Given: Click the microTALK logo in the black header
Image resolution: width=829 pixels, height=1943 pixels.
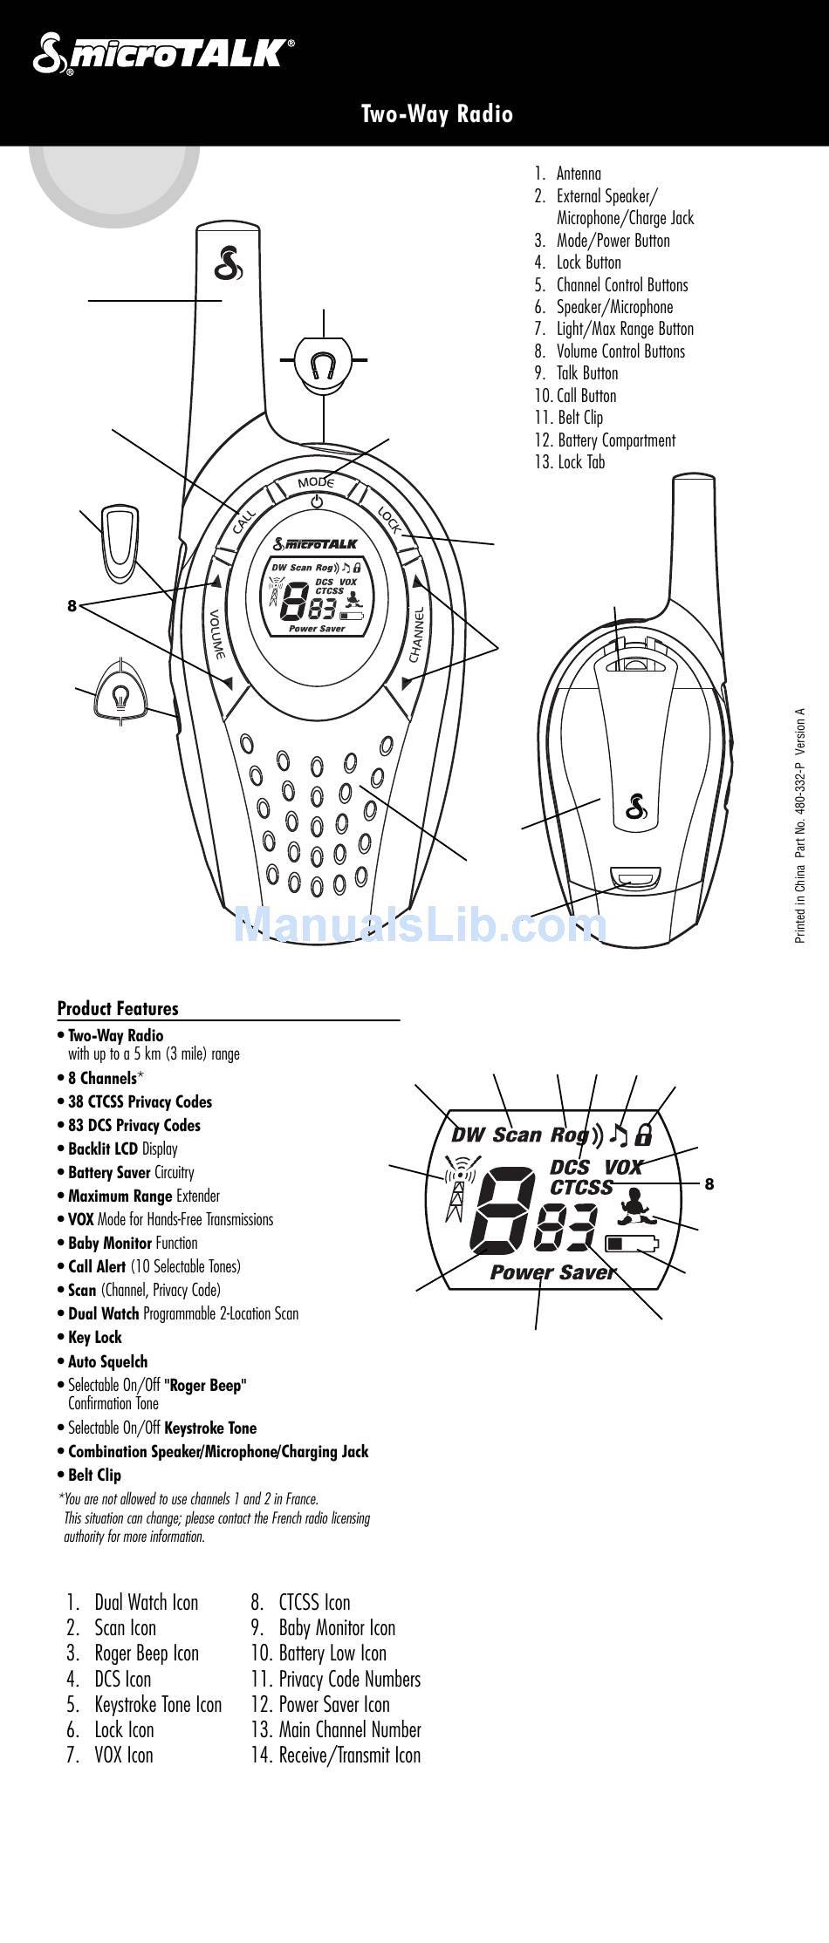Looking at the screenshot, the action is pyautogui.click(x=162, y=53).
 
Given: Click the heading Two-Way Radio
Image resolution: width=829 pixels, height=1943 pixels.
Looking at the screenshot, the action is pyautogui.click(x=437, y=114).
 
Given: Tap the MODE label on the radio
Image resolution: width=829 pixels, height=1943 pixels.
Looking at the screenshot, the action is pyautogui.click(x=316, y=482).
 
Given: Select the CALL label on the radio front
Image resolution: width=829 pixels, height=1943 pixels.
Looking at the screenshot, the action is pyautogui.click(x=243, y=522).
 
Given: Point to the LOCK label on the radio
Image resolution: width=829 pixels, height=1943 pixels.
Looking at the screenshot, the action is pyautogui.click(x=389, y=521).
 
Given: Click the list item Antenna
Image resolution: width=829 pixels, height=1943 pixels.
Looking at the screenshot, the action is pyautogui.click(x=578, y=174).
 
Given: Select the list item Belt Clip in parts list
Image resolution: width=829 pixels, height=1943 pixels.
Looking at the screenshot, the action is pyautogui.click(x=579, y=418).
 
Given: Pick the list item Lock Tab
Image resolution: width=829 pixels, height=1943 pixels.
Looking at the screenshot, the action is pyautogui.click(x=580, y=462).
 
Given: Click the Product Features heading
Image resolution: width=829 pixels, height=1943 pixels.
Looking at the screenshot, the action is pyautogui.click(x=118, y=1008).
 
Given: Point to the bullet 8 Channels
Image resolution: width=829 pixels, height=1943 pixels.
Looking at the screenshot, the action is pyautogui.click(x=102, y=1078).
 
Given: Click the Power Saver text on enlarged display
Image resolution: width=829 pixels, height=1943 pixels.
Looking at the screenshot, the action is pyautogui.click(x=552, y=1272).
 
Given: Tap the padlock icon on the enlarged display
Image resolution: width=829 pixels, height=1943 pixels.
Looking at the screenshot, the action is pyautogui.click(x=644, y=1135).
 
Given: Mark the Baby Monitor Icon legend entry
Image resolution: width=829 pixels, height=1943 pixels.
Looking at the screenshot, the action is pyautogui.click(x=336, y=1627).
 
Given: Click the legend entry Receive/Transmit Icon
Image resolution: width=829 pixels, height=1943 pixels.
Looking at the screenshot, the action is pyautogui.click(x=349, y=1755).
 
